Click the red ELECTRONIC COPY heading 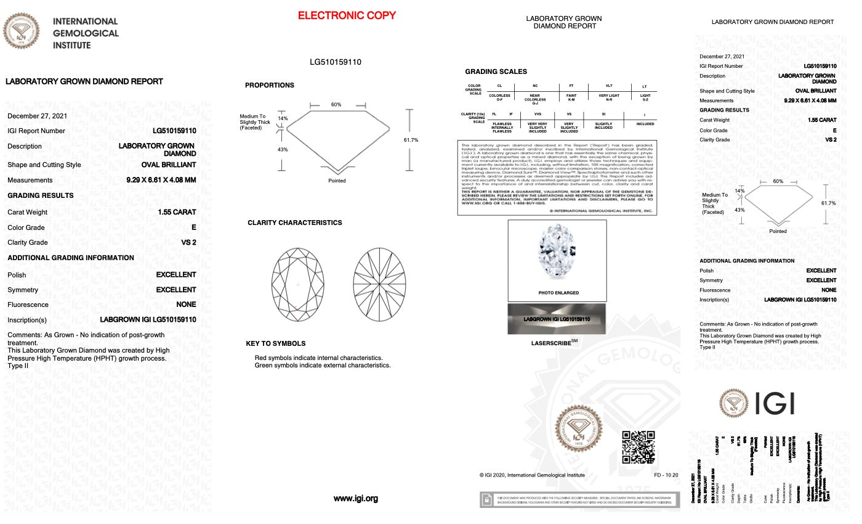coord(347,15)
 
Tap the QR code coord(638,446)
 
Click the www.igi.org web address coord(355,499)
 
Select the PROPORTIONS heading coord(270,85)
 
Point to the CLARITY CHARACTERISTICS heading coord(294,223)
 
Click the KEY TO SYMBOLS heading coord(275,343)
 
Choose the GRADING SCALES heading coord(496,72)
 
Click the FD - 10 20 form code coord(666,475)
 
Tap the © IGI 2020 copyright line coord(532,475)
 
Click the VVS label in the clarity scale coord(538,114)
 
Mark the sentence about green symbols coord(322,366)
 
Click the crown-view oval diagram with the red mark coord(298,284)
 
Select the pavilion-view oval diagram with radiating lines coord(380,284)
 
